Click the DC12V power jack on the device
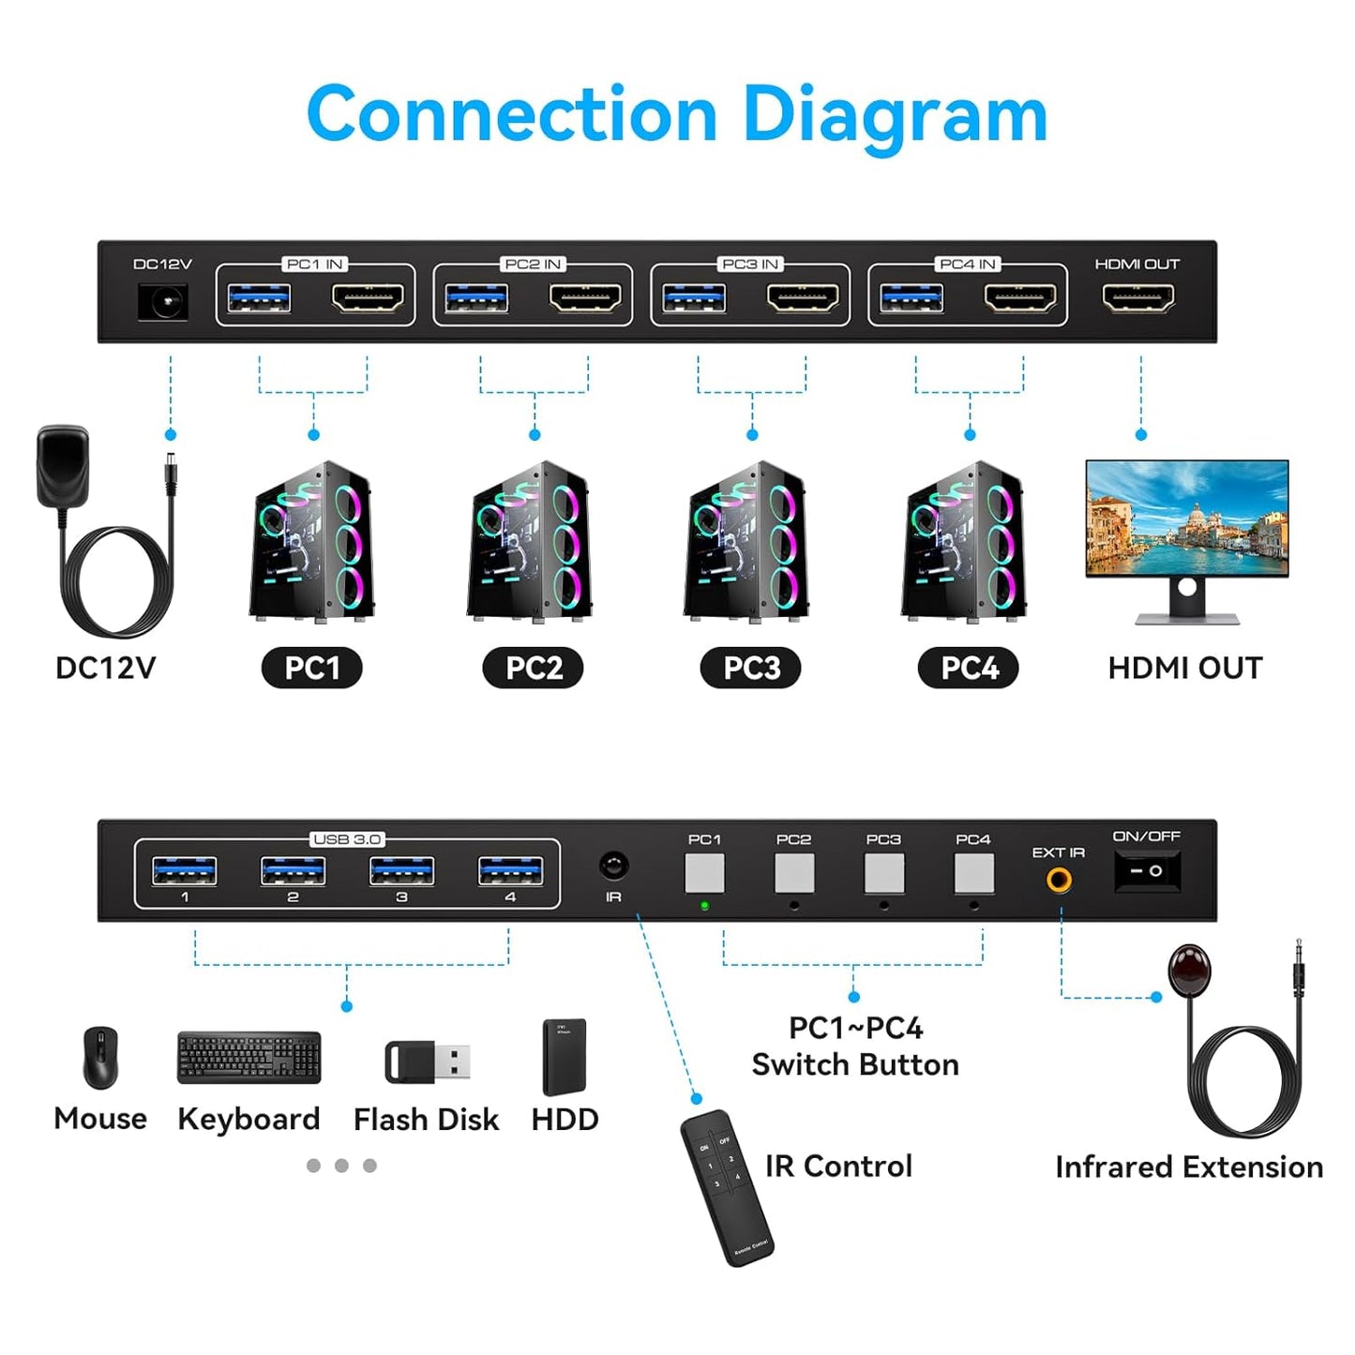click(163, 301)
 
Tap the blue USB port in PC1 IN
click(259, 298)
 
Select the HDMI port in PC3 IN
click(803, 298)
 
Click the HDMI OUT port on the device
click(1138, 298)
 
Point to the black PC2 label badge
click(533, 668)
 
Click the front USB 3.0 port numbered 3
click(401, 871)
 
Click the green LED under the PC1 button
click(704, 906)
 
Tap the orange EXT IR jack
click(1060, 880)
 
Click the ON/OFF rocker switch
click(1146, 871)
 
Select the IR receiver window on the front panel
click(613, 866)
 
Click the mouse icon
click(100, 1057)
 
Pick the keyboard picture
click(248, 1058)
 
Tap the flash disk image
click(427, 1061)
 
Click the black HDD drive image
click(565, 1057)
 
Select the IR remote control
click(727, 1186)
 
